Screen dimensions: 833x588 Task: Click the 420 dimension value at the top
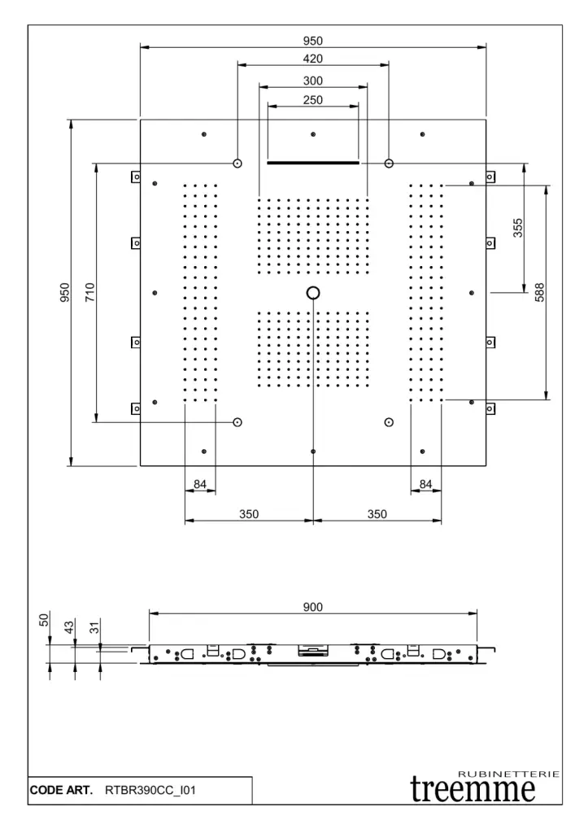(313, 59)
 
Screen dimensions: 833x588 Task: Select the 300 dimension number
(313, 81)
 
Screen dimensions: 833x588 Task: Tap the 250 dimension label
(313, 101)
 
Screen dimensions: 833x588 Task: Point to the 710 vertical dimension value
(89, 291)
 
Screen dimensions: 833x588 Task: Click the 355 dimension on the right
(518, 228)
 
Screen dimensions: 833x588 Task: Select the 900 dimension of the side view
(313, 607)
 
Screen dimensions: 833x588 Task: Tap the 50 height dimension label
(46, 621)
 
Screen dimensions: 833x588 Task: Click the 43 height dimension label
(70, 626)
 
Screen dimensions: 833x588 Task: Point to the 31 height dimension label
(94, 628)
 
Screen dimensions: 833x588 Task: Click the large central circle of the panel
(313, 292)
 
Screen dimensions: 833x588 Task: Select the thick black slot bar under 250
(313, 163)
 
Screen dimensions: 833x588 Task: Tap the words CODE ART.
(62, 790)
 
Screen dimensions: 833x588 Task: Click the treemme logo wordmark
(474, 789)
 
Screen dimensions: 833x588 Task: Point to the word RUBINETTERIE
(509, 773)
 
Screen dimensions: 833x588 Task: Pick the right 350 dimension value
(377, 514)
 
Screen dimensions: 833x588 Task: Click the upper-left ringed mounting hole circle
(237, 163)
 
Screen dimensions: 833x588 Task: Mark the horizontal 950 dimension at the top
(313, 39)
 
